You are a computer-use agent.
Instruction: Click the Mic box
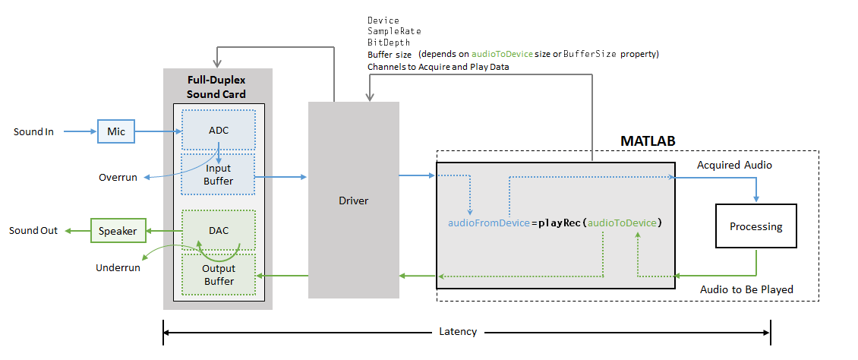[x=115, y=131]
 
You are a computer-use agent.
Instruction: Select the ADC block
[x=218, y=131]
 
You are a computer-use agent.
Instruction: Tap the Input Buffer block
[x=218, y=175]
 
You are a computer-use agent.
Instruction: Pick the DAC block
[x=218, y=230]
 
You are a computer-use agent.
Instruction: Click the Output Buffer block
[x=218, y=275]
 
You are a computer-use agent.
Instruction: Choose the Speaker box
[x=117, y=231]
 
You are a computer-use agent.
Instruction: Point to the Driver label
[x=353, y=201]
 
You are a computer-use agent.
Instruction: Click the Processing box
[x=755, y=226]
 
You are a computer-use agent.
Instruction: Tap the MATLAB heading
[x=648, y=142]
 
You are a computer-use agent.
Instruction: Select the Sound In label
[x=33, y=131]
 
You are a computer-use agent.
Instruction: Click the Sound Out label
[x=33, y=230]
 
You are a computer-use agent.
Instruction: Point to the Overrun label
[x=118, y=177]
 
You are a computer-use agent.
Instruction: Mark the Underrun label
[x=117, y=267]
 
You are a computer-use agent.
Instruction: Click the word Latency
[x=458, y=332]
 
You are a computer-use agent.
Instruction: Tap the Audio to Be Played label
[x=746, y=289]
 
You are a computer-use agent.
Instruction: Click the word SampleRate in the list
[x=394, y=31]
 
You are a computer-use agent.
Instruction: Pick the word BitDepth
[x=389, y=43]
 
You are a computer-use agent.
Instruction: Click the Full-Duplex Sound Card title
[x=216, y=87]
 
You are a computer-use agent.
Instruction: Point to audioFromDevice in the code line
[x=488, y=223]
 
